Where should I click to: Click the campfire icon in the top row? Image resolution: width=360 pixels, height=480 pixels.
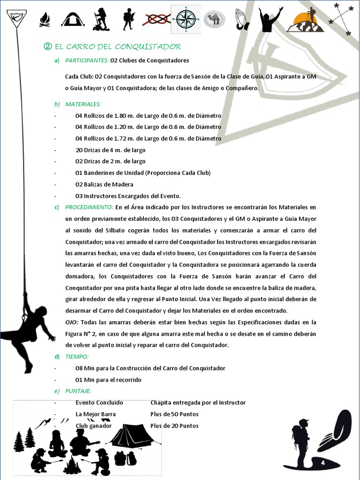45,20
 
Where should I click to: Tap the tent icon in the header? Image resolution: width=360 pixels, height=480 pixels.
73,20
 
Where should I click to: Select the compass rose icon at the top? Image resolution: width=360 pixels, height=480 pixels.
185,19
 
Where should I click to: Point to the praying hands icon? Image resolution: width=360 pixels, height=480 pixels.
240,20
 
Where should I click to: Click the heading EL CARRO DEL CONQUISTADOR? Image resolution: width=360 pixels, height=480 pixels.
117,46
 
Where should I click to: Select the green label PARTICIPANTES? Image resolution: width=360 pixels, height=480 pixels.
87,60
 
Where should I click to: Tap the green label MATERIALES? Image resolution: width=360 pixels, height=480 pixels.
83,104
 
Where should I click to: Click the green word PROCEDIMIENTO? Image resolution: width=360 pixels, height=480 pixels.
89,207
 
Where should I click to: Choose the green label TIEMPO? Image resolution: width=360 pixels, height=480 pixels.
77,357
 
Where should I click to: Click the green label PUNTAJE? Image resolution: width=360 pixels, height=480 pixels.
78,391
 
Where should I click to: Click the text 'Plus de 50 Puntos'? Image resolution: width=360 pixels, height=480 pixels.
174,414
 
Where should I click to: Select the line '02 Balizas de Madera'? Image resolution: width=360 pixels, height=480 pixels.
104,184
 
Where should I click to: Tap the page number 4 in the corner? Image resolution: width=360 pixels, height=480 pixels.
323,463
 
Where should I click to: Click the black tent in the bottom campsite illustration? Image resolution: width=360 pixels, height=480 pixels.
131,436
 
